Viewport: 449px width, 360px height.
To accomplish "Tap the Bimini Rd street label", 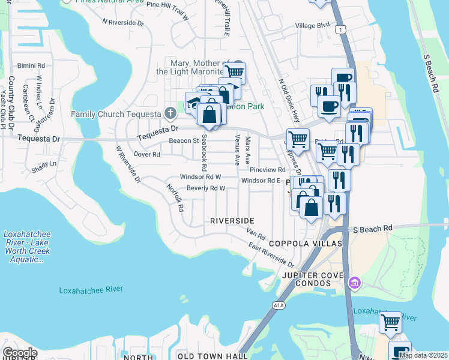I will tap(32, 65).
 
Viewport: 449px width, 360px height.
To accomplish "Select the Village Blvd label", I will tap(312, 25).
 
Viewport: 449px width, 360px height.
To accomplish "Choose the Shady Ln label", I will tap(44, 164).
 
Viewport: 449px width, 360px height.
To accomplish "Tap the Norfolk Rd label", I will tap(175, 198).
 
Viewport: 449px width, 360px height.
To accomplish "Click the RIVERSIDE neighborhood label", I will tap(232, 221).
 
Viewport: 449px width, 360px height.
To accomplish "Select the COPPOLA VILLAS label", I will tap(305, 244).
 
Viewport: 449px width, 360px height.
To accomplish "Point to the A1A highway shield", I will tap(279, 305).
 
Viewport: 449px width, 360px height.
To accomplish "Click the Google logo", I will tap(19, 353).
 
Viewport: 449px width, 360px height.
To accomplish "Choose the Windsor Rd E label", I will tap(261, 181).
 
